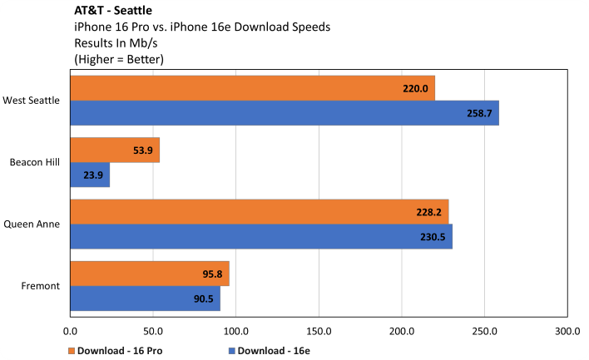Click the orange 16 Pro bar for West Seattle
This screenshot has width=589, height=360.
[250, 88]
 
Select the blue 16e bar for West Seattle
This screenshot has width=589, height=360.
[283, 113]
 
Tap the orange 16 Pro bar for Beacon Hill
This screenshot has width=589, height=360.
[114, 150]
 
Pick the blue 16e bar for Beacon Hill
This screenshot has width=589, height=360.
[89, 175]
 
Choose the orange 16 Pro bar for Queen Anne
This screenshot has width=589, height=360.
[258, 211]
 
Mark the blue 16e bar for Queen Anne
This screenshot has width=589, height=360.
[260, 236]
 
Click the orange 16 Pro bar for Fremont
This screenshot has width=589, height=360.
[149, 274]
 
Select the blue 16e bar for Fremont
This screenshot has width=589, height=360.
[145, 298]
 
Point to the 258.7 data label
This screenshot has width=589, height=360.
[481, 113]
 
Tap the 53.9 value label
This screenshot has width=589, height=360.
[141, 150]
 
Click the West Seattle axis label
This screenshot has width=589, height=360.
[31, 101]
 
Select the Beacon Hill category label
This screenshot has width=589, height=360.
[35, 162]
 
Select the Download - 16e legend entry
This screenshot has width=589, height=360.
[267, 350]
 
